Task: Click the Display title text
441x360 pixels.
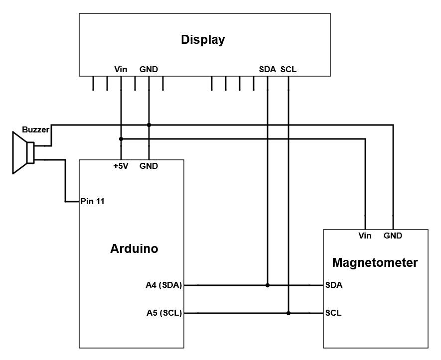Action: coord(203,40)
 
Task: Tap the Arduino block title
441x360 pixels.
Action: coord(134,249)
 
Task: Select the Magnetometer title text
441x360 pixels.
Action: coord(375,262)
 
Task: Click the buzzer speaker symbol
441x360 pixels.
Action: coord(23,152)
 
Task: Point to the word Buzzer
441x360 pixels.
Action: coord(35,130)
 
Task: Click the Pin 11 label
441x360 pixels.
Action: coord(92,202)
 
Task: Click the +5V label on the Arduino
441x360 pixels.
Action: coord(121,166)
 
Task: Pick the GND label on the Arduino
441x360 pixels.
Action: coord(148,166)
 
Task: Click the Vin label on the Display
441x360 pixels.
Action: coord(121,70)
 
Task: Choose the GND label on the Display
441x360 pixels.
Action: coord(148,70)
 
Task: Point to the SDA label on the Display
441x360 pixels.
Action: coord(268,70)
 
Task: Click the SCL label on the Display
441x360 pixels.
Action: coord(289,70)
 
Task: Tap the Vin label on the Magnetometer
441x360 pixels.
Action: coord(365,236)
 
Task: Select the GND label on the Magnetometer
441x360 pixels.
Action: coord(393,236)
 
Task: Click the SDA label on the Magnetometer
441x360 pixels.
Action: coord(333,285)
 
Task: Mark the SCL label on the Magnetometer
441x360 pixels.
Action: coord(333,313)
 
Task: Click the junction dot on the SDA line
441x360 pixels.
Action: coord(268,285)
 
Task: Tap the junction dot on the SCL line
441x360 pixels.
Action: coord(289,313)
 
